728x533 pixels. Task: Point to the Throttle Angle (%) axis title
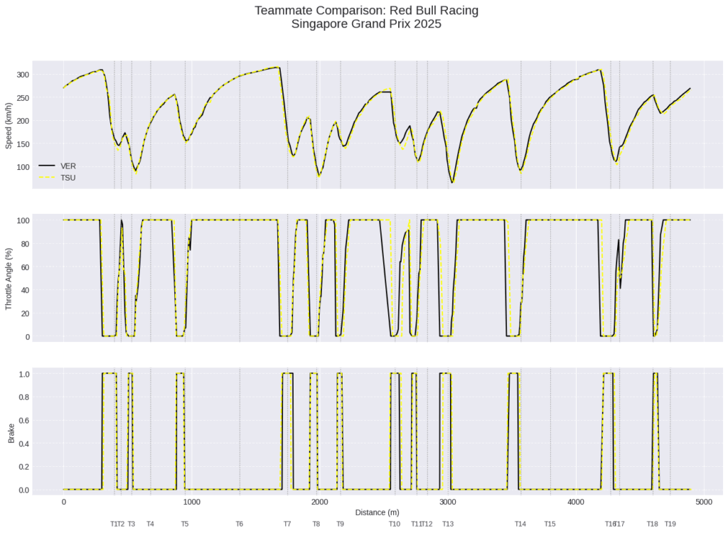[9, 277]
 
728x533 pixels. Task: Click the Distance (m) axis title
[377, 512]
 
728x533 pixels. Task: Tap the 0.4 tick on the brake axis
[23, 443]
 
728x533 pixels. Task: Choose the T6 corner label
[240, 524]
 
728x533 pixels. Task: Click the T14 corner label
[520, 524]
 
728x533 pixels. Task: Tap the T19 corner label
[670, 524]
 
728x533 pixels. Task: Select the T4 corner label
[150, 524]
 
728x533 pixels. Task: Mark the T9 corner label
[341, 524]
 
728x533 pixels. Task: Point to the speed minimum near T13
[451, 183]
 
